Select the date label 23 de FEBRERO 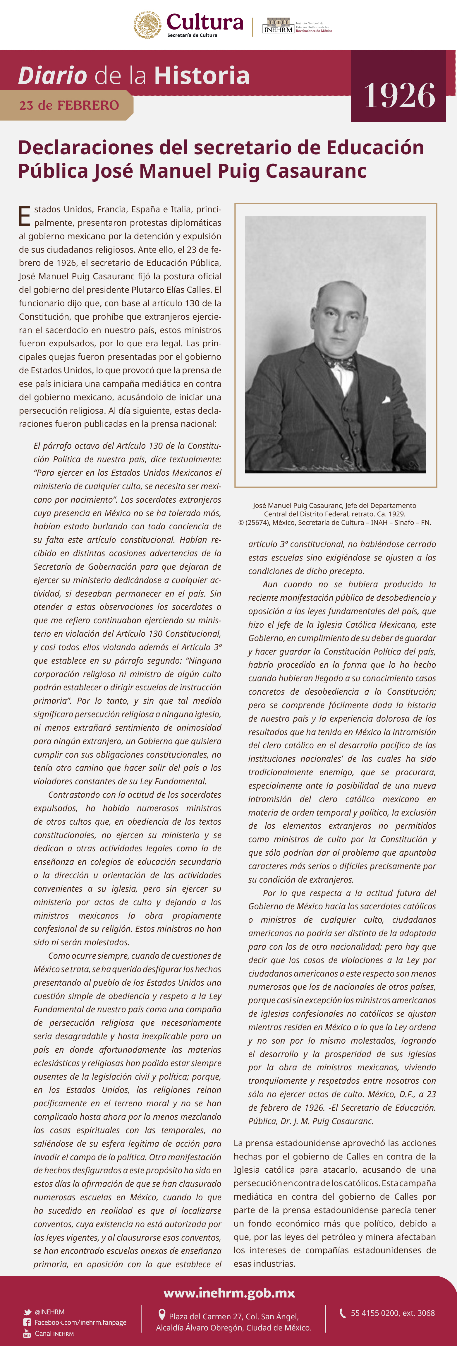pyautogui.click(x=69, y=106)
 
